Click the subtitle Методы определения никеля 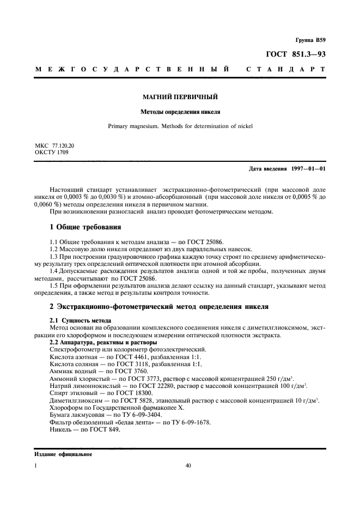(180, 113)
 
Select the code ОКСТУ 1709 (51, 153)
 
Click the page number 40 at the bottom (188, 466)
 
